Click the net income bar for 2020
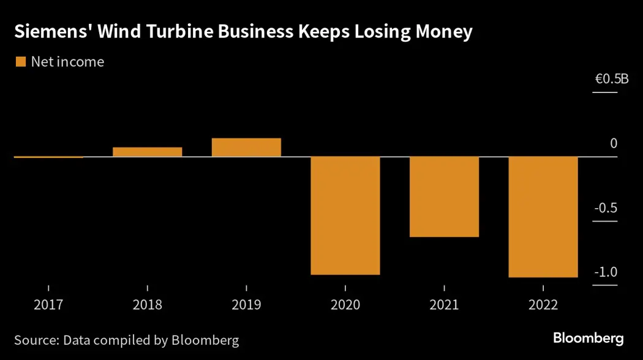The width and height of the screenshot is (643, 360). pos(345,216)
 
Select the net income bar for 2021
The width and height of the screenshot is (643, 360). pos(444,197)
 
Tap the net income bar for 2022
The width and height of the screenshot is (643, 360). pos(543,217)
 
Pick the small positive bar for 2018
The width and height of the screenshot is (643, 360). pos(147,152)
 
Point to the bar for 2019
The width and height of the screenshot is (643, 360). pos(246,148)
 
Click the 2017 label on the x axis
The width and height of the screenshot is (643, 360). pos(48,304)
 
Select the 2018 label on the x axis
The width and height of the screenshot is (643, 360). pos(147,304)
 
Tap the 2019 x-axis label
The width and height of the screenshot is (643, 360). pos(246,304)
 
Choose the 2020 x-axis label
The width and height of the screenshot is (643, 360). pos(345,304)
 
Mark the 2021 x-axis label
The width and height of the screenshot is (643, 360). pos(444,304)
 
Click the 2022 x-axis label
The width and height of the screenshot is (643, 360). pos(543,304)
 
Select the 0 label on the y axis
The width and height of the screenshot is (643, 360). pos(613,143)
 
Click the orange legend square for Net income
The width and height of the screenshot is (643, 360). pos(20,61)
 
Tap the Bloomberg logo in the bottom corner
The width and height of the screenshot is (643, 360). pos(588,338)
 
